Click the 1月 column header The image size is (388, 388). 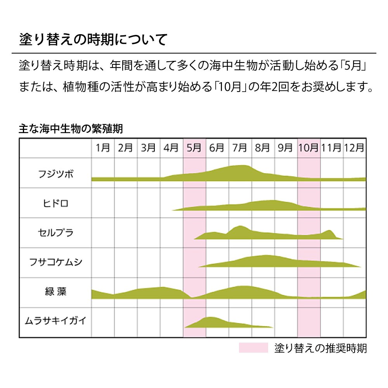click(103, 148)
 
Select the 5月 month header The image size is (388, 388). click(194, 148)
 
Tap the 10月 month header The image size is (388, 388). click(309, 148)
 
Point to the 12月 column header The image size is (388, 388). click(354, 148)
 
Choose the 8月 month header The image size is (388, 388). click(263, 148)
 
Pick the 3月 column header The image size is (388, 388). click(149, 148)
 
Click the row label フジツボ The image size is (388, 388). click(56, 173)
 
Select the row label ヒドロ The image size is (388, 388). click(56, 203)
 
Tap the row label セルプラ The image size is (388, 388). click(56, 233)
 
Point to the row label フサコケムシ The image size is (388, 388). click(56, 263)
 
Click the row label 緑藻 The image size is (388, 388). click(56, 292)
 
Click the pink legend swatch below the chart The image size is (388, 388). click(253, 348)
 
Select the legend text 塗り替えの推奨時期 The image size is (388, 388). click(320, 348)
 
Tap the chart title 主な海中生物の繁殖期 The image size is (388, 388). click(71, 128)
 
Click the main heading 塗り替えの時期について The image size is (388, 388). click(93, 40)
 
